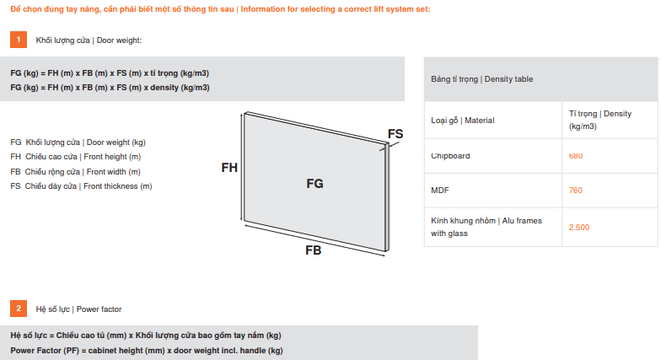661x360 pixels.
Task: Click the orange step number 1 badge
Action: (19, 40)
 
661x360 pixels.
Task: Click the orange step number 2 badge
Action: (19, 309)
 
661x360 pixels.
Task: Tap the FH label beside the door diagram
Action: (229, 168)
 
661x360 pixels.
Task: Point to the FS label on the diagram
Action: (395, 134)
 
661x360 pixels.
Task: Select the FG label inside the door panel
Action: (314, 183)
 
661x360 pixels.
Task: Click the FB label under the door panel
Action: (313, 250)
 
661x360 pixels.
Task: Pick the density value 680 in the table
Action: (576, 156)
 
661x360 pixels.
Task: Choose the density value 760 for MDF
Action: (576, 191)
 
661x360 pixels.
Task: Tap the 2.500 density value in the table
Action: (580, 227)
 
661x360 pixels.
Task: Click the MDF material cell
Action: (440, 191)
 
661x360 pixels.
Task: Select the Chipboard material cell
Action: (450, 156)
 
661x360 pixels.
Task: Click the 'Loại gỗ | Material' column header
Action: (463, 121)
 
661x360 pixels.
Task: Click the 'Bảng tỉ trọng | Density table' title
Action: (482, 79)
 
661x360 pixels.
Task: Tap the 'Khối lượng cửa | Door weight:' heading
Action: (89, 40)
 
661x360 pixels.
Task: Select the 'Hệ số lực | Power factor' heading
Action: (78, 309)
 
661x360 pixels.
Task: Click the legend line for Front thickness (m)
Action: (81, 185)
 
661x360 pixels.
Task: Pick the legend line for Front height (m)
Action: (75, 157)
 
